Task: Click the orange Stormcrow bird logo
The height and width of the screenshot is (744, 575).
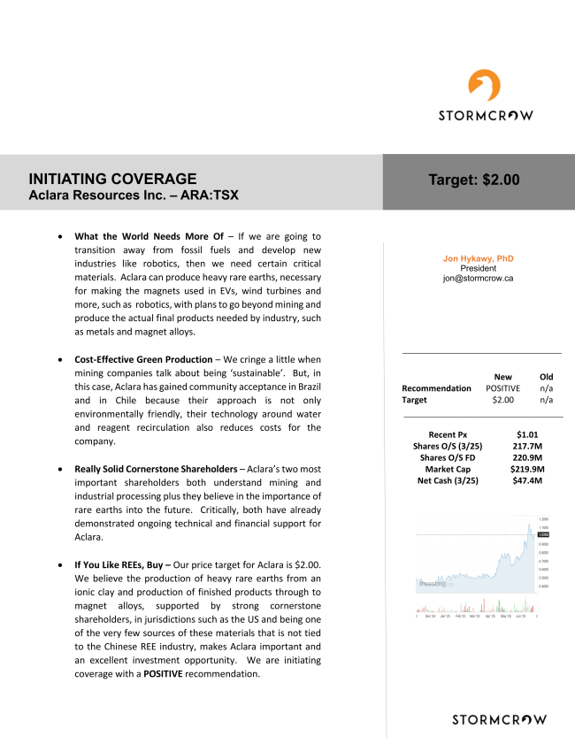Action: coord(485,86)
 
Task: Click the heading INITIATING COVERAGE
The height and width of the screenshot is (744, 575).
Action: coord(112,179)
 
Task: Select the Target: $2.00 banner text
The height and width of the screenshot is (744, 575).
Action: coord(474,180)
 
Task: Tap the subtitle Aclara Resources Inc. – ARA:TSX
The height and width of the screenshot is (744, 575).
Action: coord(133,195)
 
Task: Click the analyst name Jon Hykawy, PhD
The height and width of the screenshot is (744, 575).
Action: coord(478,258)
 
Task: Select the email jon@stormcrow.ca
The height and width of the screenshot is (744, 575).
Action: coord(478,278)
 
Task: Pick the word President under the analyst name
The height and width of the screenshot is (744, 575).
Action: coord(478,268)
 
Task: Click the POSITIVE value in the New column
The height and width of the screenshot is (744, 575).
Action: coord(502,387)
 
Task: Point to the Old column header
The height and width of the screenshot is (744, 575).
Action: coord(546,376)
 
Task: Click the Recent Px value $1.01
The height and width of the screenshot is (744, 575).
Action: coord(527,434)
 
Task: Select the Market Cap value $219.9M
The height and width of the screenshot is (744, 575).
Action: coord(527,469)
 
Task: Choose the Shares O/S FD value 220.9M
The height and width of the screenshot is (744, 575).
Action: coord(527,457)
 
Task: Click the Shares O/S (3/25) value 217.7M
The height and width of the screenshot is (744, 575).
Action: coord(527,446)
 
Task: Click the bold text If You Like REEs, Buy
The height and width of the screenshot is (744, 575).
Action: coord(127,564)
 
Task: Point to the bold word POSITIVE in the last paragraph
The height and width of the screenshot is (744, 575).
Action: coord(163,674)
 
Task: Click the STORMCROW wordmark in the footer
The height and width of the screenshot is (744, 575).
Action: coord(499,719)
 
